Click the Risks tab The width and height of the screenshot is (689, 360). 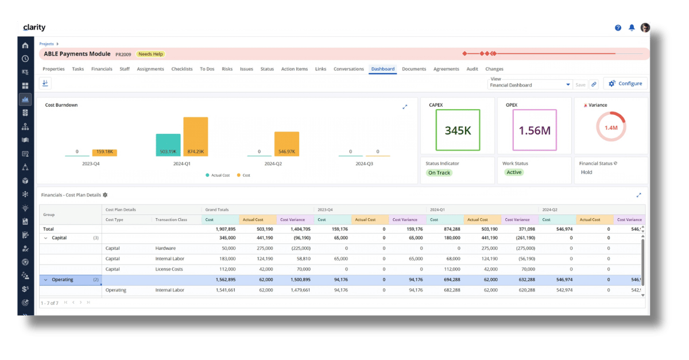pos(227,69)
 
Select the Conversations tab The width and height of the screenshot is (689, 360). pos(349,69)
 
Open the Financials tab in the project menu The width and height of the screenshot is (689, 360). pos(102,69)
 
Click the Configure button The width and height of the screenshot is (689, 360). pos(625,84)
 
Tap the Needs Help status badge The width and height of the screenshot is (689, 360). pos(151,54)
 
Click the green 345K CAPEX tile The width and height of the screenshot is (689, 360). pos(458,130)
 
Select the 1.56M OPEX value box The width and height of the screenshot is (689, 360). pos(534,130)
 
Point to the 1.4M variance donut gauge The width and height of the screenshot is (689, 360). pos(611,127)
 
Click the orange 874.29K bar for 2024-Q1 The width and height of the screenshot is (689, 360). pos(195,137)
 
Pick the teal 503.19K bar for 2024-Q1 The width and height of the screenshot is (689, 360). pos(168,145)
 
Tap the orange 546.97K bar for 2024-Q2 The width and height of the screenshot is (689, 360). pos(287,144)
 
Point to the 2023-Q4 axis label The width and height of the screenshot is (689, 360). pos(91,164)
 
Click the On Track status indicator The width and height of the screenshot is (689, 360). pos(439,173)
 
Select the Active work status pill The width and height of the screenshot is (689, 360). pos(514,172)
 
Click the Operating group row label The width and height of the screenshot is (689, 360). pos(63,280)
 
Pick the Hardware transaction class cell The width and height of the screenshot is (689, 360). pos(165,249)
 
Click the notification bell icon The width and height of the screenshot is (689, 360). pos(632,28)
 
